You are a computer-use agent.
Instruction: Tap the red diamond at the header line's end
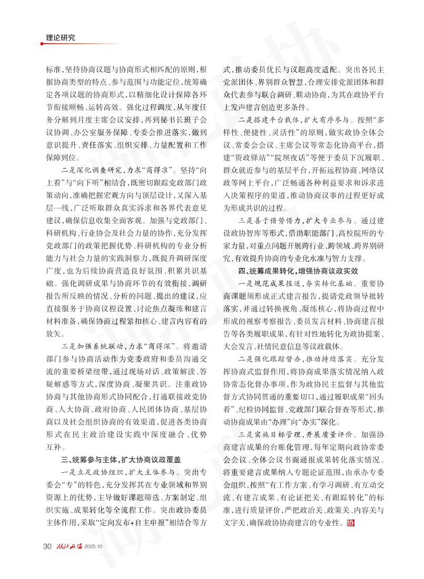(42, 44)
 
